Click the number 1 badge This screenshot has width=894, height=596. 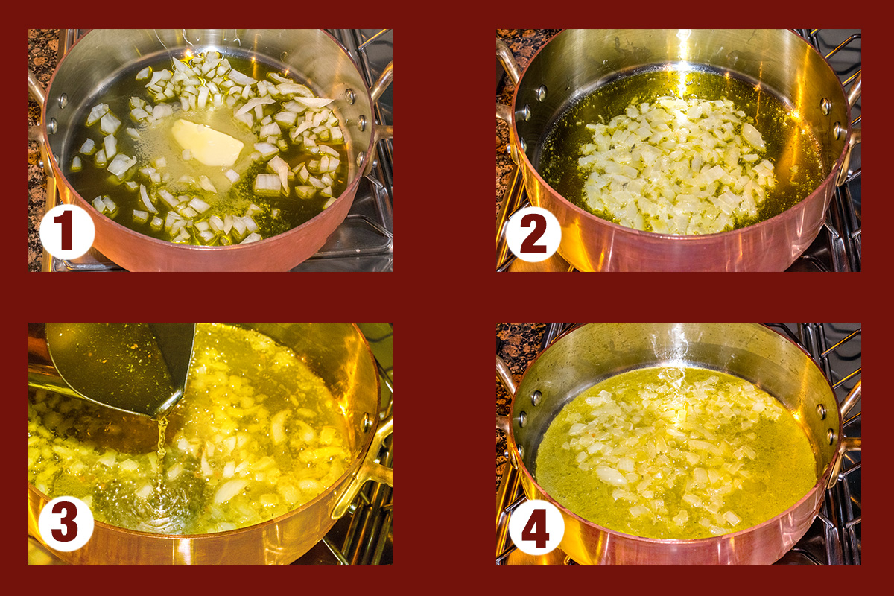click(66, 232)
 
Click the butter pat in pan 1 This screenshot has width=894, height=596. click(207, 142)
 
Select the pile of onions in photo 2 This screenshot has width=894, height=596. click(674, 164)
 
